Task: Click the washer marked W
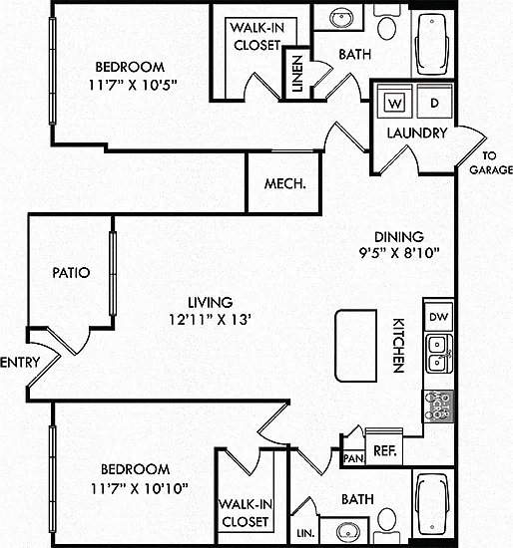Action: tap(394, 102)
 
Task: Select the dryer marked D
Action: tap(434, 102)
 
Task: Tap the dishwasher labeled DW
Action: tap(438, 317)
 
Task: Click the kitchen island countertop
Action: tap(355, 346)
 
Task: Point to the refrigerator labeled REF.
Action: tap(384, 449)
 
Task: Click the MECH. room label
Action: tap(285, 183)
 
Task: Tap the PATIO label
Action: tap(71, 273)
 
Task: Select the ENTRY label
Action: tap(20, 362)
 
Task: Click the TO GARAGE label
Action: tap(491, 162)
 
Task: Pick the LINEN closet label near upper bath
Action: tap(297, 74)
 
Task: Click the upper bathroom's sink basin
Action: tap(341, 18)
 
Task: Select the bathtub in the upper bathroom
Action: tap(432, 45)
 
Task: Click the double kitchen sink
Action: tap(438, 354)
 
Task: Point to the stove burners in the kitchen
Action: tap(438, 407)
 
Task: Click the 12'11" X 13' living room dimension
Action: tap(211, 320)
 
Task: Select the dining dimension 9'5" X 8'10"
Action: tap(399, 252)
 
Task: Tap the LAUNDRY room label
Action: tap(417, 133)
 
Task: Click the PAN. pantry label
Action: tap(353, 458)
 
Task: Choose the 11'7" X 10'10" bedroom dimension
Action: tap(140, 488)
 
